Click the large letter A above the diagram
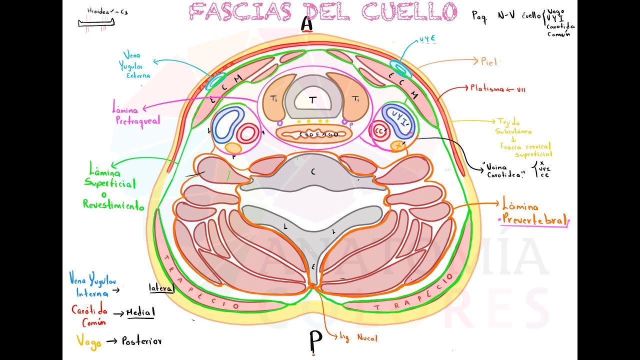pos(307,24)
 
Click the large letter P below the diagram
pos(315,342)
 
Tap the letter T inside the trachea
pos(312,101)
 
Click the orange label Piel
pos(489,62)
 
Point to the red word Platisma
pos(487,88)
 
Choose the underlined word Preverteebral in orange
pos(534,219)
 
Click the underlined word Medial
pos(140,312)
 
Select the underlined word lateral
pos(161,288)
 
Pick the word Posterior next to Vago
pos(141,341)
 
